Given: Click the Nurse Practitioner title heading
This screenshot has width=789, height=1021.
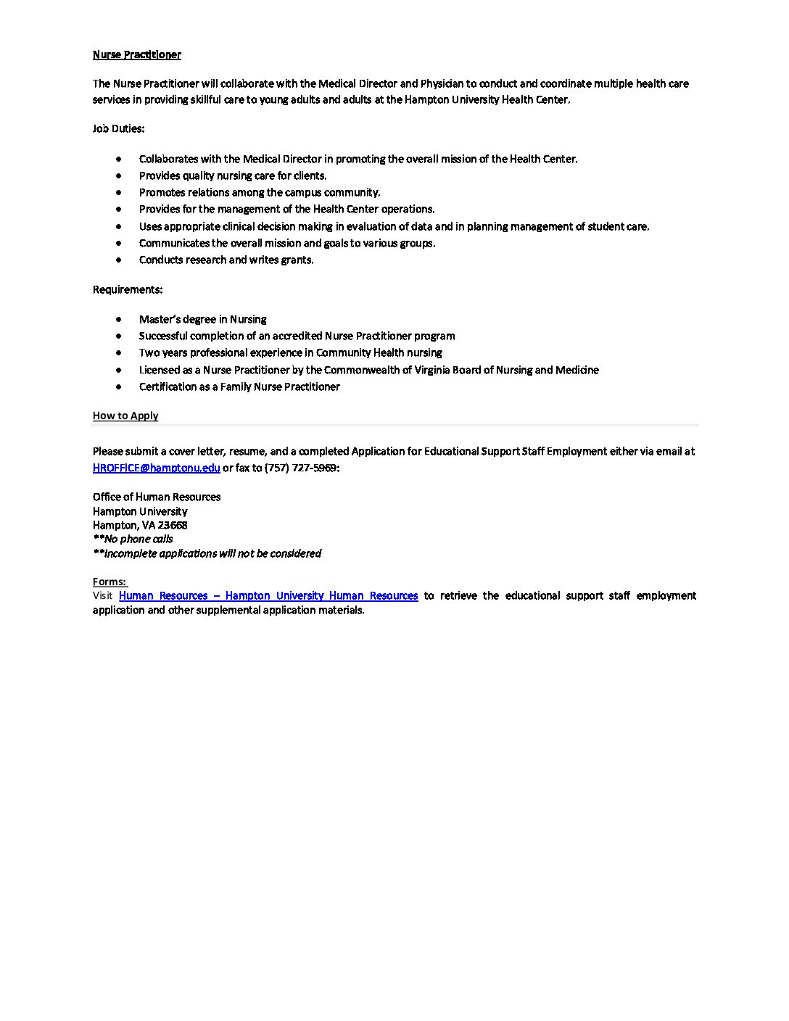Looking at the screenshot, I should pyautogui.click(x=136, y=54).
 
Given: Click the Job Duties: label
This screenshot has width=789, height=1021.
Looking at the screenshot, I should pyautogui.click(x=118, y=128).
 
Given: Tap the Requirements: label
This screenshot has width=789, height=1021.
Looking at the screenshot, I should pyautogui.click(x=127, y=289).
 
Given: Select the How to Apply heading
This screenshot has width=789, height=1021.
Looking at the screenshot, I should pyautogui.click(x=125, y=416).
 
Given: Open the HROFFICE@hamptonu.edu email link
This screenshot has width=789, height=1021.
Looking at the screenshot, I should pyautogui.click(x=156, y=468).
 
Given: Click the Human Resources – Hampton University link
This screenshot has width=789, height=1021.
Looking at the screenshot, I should pyautogui.click(x=268, y=595).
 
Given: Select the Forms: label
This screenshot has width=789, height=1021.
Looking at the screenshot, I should pyautogui.click(x=110, y=582).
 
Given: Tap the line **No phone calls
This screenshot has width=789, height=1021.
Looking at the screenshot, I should pyautogui.click(x=133, y=539).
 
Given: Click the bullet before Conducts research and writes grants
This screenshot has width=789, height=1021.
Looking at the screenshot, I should pyautogui.click(x=119, y=260).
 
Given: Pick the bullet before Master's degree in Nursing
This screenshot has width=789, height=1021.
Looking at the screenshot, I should pyautogui.click(x=119, y=319).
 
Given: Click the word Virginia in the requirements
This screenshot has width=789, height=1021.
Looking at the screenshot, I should pyautogui.click(x=431, y=370).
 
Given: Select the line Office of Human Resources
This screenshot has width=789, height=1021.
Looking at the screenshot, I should pyautogui.click(x=157, y=497).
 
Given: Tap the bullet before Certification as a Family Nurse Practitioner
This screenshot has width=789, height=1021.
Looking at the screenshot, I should pyautogui.click(x=119, y=387).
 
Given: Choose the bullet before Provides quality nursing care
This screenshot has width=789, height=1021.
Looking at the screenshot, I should pyautogui.click(x=119, y=175).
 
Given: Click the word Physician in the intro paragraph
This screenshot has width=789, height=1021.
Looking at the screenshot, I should pyautogui.click(x=442, y=83).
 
